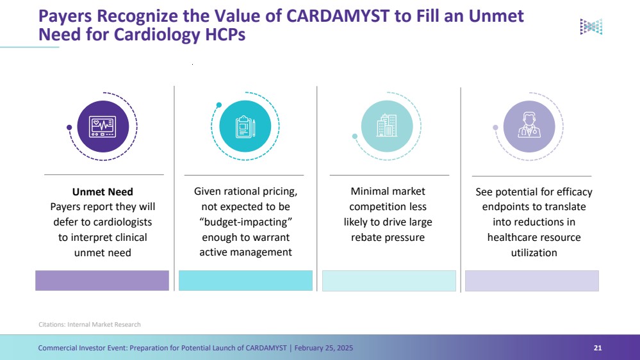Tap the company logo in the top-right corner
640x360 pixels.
coord(591,26)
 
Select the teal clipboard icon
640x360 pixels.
coord(245,126)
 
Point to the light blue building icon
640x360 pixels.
coord(387,126)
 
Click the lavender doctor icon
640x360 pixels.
coord(529,126)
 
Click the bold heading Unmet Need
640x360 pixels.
coord(103,192)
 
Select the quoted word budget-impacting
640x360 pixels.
coord(246,222)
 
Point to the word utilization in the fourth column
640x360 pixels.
coord(534,252)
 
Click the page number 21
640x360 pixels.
coord(598,348)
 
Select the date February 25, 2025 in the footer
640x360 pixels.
coord(324,348)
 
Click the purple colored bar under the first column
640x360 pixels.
coord(102,281)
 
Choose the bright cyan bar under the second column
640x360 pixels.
coord(245,281)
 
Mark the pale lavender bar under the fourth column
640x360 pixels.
coord(532,281)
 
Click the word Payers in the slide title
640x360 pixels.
coord(64,16)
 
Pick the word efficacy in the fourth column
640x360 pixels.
coord(571,192)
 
